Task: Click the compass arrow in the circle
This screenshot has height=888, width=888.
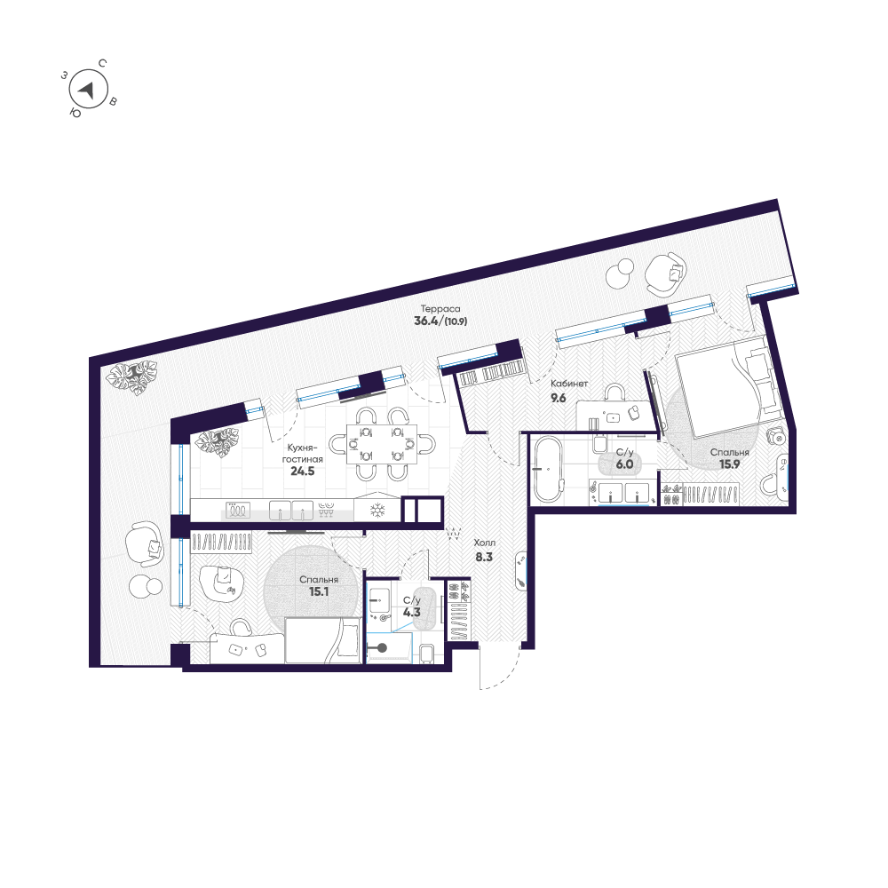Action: click(x=87, y=90)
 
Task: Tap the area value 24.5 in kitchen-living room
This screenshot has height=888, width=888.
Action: click(x=303, y=472)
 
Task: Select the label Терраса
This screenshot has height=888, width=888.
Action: click(x=440, y=309)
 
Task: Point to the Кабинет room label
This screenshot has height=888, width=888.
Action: click(x=569, y=384)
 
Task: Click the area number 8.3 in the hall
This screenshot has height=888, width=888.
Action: click(x=484, y=558)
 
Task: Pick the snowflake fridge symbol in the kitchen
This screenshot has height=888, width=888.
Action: click(x=377, y=511)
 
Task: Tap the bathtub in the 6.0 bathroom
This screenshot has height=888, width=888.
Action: click(x=547, y=469)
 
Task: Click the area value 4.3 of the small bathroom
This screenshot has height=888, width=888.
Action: click(x=412, y=612)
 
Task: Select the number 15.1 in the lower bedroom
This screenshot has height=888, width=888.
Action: click(x=319, y=591)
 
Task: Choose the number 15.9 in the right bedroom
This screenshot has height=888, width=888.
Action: click(x=729, y=464)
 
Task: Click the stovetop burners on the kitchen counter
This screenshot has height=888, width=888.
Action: click(x=238, y=511)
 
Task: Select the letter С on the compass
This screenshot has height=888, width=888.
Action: click(x=102, y=63)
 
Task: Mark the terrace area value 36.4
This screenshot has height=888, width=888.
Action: click(x=426, y=321)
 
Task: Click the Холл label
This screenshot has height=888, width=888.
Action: click(x=484, y=543)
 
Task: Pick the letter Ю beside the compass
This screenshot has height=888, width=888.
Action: click(x=75, y=113)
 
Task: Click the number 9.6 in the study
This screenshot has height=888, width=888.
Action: click(x=559, y=398)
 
